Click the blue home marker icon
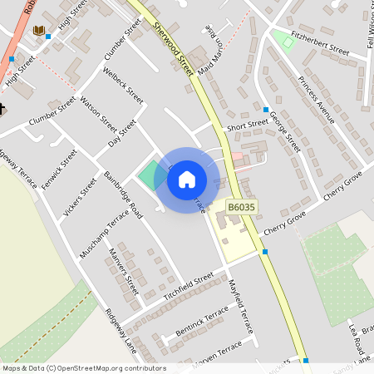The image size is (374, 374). (x=187, y=179)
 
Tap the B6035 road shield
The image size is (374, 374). (x=241, y=207)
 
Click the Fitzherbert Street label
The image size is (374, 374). (x=320, y=44)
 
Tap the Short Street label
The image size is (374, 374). (x=248, y=126)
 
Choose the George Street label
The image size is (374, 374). (x=284, y=133)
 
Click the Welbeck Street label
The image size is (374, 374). (x=123, y=83)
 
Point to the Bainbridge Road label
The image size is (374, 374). (x=125, y=194)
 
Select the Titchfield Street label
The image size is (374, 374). (x=189, y=286)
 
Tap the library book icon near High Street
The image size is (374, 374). (x=38, y=31)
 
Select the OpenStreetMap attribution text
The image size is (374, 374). (x=84, y=368)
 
